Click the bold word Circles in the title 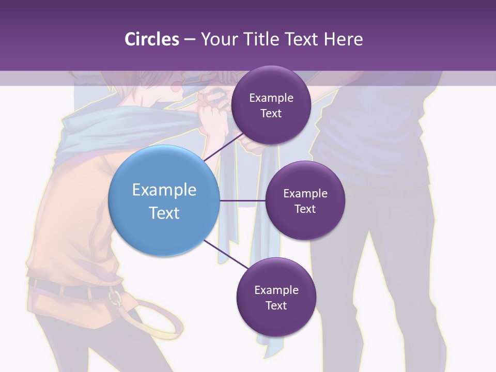pyautogui.click(x=152, y=39)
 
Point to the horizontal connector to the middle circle pyautogui.click(x=242, y=200)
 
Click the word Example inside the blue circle pyautogui.click(x=164, y=190)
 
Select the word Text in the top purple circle pyautogui.click(x=271, y=114)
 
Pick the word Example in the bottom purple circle pyautogui.click(x=276, y=290)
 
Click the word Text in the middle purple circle pyautogui.click(x=305, y=209)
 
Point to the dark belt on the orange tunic pyautogui.click(x=62, y=289)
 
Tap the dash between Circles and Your pyautogui.click(x=190, y=39)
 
